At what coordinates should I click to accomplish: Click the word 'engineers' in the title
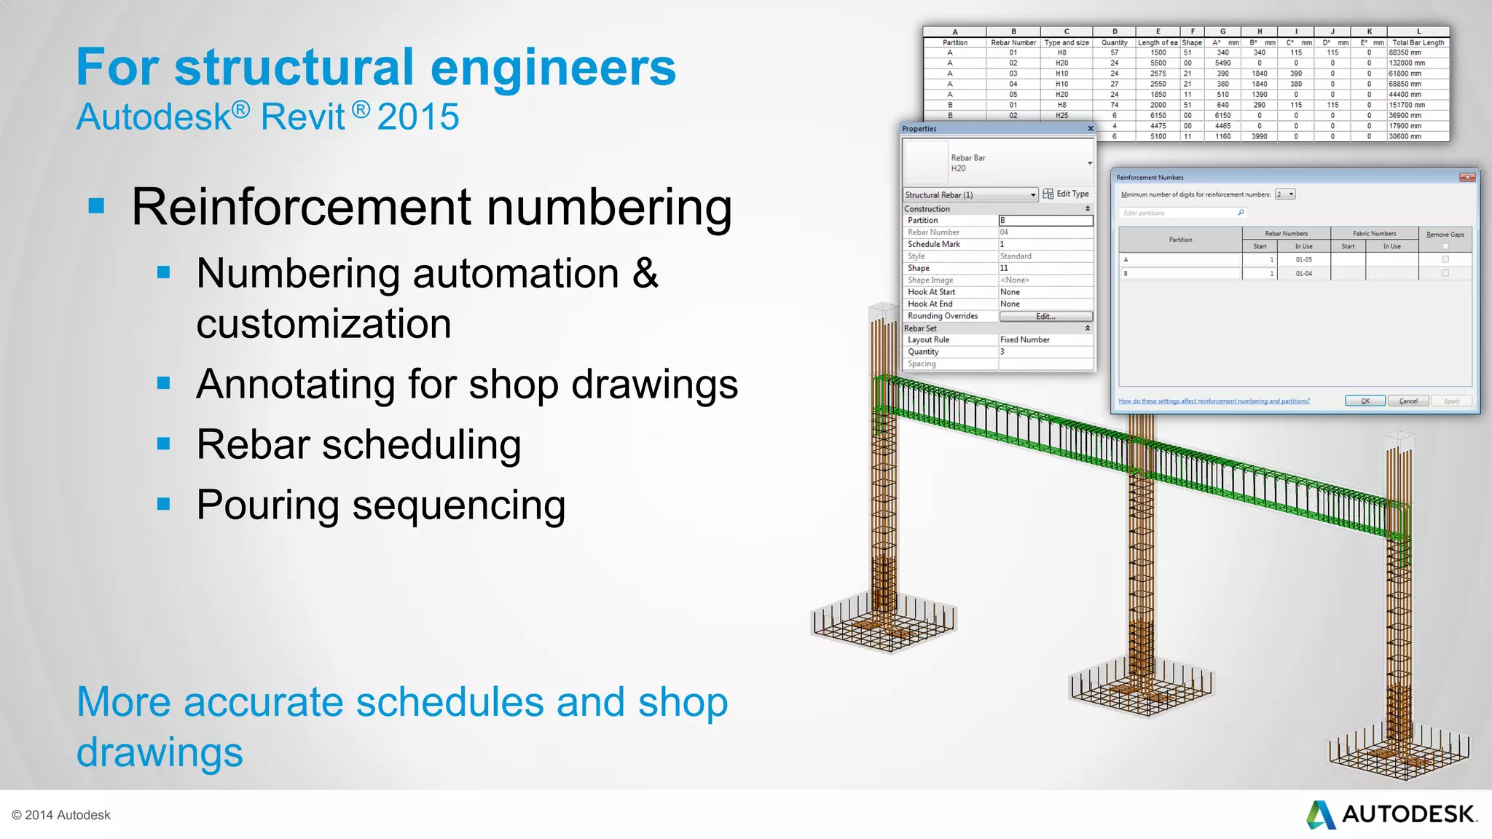click(553, 68)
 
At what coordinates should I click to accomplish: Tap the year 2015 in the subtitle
click(418, 117)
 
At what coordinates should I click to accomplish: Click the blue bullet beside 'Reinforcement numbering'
click(96, 206)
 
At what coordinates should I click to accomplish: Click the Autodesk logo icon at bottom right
click(1320, 815)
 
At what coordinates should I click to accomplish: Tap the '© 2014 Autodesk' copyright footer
click(61, 815)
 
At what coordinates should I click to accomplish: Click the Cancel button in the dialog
click(1408, 401)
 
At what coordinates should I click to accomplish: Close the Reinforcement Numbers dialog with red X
click(1467, 178)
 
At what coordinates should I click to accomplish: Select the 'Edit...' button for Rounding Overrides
click(1045, 316)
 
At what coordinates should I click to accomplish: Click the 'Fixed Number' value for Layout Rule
click(1024, 340)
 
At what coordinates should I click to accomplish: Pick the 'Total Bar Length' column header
click(1418, 43)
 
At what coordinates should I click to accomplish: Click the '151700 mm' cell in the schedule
click(1407, 105)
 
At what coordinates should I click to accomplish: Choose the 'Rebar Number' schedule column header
click(1013, 43)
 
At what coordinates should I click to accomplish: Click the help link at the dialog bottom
click(1214, 401)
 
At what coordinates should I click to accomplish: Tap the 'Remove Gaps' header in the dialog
click(1445, 235)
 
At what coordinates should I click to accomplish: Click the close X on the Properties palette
click(1090, 129)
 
